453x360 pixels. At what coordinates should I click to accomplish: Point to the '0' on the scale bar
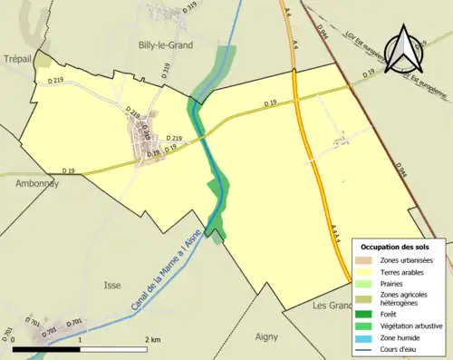[14, 339]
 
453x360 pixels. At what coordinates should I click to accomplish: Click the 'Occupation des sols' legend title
[395, 247]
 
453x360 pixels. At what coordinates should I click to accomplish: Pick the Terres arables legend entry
[402, 271]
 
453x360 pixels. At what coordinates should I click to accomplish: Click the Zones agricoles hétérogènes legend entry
[403, 298]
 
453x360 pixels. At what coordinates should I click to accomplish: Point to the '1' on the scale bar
[81, 339]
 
